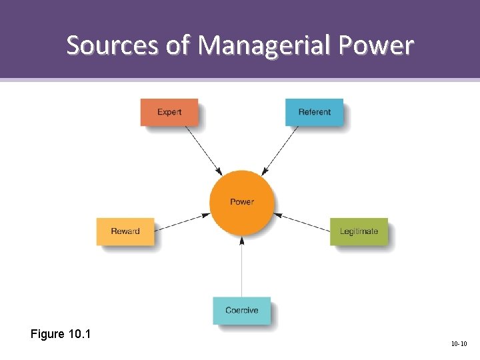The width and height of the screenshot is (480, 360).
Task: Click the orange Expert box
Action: point(169,112)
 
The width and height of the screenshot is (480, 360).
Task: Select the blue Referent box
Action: point(314,112)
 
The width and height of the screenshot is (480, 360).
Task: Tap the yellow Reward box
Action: point(125,231)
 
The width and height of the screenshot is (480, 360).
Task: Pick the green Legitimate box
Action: point(359,231)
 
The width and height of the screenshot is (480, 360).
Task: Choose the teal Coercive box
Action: point(241,311)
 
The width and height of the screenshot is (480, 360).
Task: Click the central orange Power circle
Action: point(241,202)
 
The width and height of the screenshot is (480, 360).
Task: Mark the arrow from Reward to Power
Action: point(182,222)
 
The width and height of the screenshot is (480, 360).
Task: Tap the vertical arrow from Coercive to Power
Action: point(242,267)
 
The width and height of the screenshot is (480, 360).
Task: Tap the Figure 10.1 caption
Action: point(61,333)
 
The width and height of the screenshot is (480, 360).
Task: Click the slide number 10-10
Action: point(459,344)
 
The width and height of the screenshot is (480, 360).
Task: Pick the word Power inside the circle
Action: point(241,202)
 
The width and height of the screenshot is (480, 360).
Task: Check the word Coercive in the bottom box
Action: point(241,311)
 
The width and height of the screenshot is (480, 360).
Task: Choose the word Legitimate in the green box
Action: point(359,231)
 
